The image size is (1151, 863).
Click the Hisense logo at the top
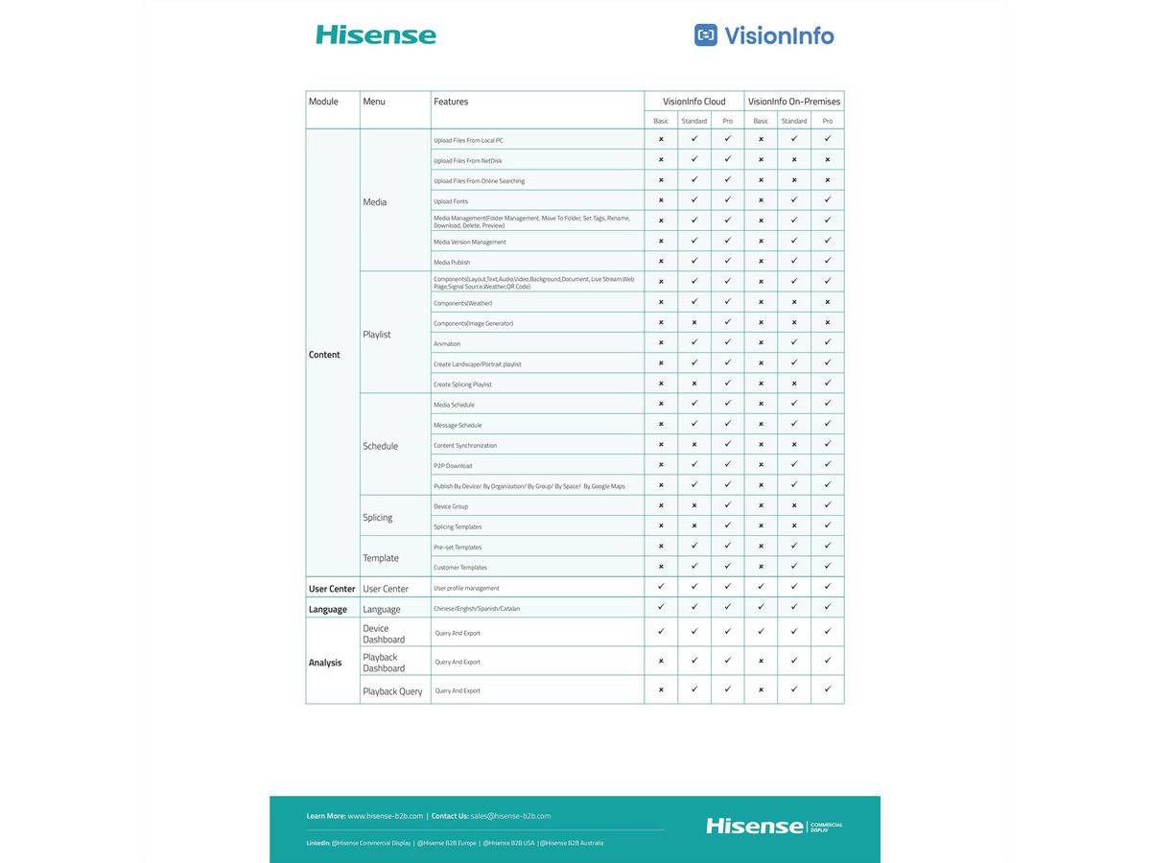click(x=376, y=35)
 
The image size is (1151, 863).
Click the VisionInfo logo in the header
click(x=763, y=35)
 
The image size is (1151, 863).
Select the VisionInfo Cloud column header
click(x=693, y=102)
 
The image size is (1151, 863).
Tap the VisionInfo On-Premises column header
click(x=794, y=102)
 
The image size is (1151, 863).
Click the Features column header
click(x=451, y=102)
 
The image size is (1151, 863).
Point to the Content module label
click(x=324, y=355)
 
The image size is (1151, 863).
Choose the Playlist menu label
click(x=377, y=335)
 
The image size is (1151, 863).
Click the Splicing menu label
click(x=378, y=518)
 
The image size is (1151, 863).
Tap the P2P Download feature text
click(x=453, y=466)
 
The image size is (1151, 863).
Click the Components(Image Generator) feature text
click(x=473, y=323)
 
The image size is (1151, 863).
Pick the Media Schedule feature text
click(x=454, y=405)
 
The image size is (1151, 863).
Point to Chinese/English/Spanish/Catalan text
click(x=477, y=608)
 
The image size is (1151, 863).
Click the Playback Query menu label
click(x=392, y=691)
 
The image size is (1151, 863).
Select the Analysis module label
click(x=325, y=663)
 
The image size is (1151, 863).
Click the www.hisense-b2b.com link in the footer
click(x=385, y=816)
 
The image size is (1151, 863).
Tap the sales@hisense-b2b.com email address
click(x=510, y=816)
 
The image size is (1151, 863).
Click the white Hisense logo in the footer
click(x=755, y=826)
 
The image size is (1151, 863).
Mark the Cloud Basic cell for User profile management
click(x=661, y=587)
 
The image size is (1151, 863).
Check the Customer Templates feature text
click(x=460, y=568)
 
